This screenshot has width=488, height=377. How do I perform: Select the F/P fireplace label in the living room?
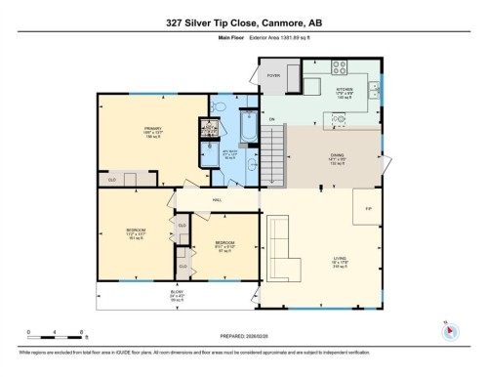368,207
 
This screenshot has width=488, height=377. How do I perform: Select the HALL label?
216,201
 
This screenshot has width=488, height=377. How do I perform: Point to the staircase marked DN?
277,156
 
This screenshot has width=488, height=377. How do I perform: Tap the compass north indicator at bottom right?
448,330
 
